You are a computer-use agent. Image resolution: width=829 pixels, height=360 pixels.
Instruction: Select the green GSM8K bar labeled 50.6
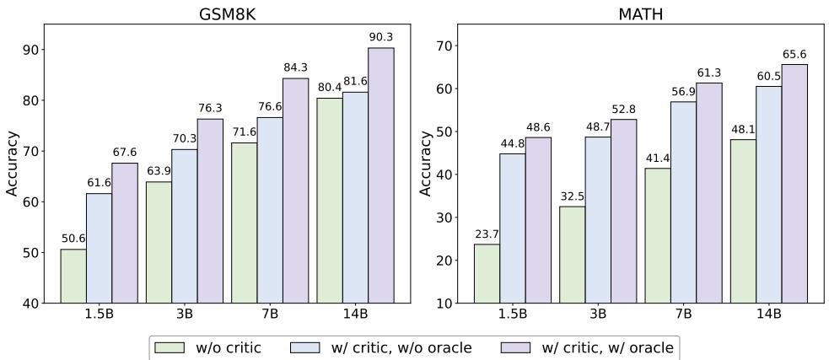73,276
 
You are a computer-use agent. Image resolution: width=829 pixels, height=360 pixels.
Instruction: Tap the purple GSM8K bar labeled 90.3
380,175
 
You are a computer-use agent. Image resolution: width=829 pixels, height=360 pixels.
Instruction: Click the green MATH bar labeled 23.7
487,273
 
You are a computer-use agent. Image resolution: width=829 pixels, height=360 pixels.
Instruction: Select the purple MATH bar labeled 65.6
794,183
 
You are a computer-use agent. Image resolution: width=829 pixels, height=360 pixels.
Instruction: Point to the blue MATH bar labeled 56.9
683,201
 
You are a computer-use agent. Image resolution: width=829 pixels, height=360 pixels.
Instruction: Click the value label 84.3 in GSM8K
295,68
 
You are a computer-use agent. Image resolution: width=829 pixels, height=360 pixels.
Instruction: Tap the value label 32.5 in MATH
572,196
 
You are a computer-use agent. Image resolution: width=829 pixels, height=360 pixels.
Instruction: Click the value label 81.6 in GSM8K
355,82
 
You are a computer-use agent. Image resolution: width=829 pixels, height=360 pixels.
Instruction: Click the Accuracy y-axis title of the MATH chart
426,164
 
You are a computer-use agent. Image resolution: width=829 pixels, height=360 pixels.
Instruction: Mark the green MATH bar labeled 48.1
743,221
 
